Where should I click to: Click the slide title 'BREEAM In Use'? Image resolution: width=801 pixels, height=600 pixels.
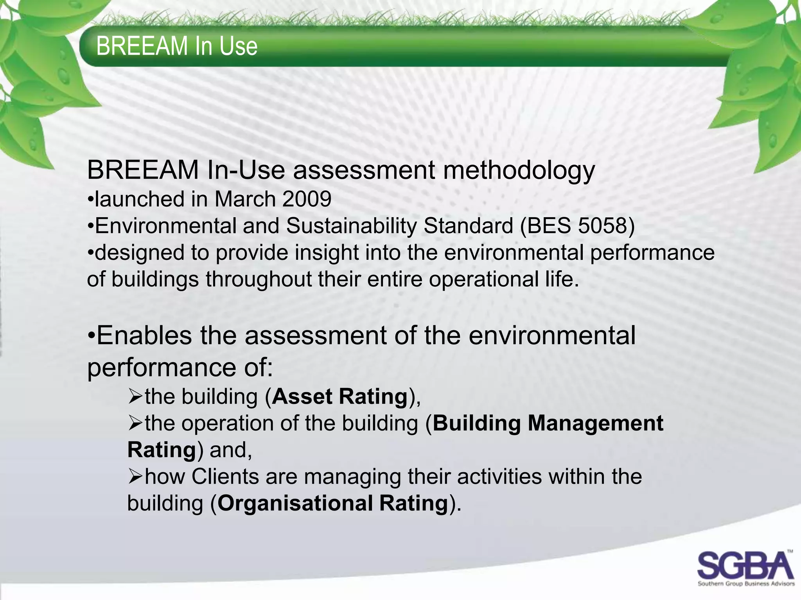177,46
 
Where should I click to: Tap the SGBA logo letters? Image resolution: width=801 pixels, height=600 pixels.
745,565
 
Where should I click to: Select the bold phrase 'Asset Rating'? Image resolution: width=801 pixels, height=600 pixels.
339,396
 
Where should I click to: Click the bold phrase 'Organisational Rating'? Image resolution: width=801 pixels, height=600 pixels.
332,503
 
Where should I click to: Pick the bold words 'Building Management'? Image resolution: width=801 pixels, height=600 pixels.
548,423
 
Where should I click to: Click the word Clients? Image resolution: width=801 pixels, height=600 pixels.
225,477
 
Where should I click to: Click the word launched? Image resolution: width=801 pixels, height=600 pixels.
139,199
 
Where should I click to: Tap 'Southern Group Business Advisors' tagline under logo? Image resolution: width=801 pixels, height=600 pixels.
746,584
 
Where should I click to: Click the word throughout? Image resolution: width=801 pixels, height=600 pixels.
258,279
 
